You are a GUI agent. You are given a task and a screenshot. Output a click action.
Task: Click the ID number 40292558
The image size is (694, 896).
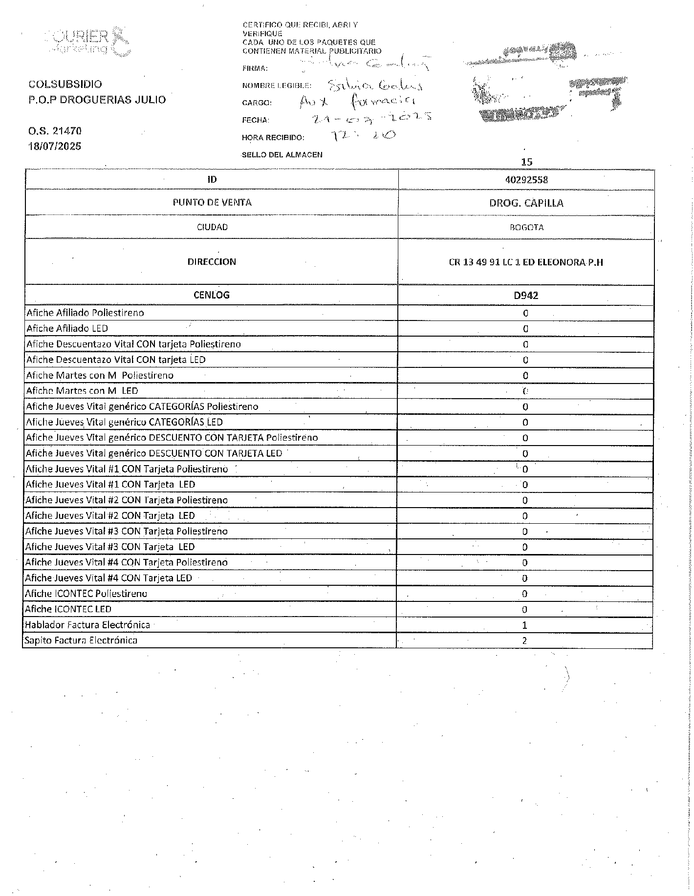pyautogui.click(x=526, y=180)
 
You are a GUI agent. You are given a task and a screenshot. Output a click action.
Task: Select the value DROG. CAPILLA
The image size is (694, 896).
pyautogui.click(x=526, y=203)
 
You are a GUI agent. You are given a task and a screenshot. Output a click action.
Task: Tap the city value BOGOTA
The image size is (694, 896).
pyautogui.click(x=526, y=227)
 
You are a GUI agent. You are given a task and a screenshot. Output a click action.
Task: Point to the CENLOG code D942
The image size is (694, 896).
pyautogui.click(x=526, y=295)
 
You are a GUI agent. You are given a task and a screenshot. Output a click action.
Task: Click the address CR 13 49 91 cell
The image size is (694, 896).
pyautogui.click(x=526, y=262)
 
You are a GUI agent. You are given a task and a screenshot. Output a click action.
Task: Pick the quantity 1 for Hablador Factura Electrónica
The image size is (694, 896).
pyautogui.click(x=525, y=625)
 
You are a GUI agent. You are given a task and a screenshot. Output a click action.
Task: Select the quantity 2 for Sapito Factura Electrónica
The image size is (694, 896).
pyautogui.click(x=524, y=640)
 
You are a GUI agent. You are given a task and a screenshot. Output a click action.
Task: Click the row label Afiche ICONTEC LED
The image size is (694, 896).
pyautogui.click(x=68, y=609)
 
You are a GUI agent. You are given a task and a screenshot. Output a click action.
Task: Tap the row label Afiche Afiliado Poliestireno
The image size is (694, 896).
pyautogui.click(x=85, y=313)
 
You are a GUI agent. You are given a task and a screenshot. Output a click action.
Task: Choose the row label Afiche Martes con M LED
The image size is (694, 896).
pyautogui.click(x=82, y=391)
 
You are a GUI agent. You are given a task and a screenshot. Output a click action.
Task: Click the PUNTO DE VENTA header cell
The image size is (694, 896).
pyautogui.click(x=212, y=202)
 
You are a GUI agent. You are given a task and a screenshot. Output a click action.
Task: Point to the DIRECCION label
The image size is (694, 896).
pyautogui.click(x=212, y=262)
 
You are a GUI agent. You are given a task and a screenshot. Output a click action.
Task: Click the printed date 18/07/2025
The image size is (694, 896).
pyautogui.click(x=55, y=146)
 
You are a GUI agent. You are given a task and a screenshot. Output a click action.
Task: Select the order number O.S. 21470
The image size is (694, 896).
pyautogui.click(x=55, y=131)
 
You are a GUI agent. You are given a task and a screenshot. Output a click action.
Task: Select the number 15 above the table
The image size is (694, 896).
pyautogui.click(x=526, y=162)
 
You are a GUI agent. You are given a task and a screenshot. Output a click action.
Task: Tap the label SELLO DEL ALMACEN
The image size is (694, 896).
pyautogui.click(x=282, y=155)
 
